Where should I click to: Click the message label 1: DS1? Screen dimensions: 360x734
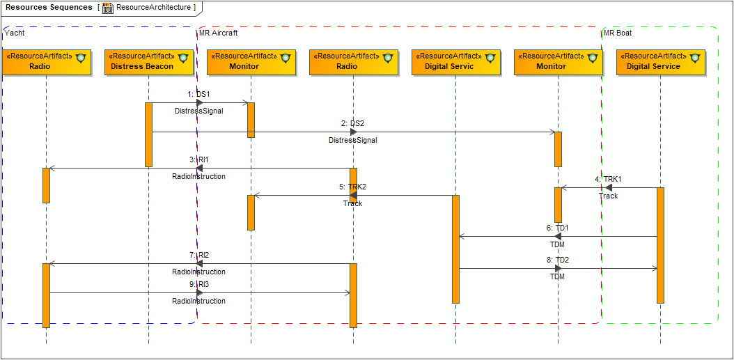click(198, 94)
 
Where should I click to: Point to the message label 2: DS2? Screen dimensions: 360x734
click(352, 123)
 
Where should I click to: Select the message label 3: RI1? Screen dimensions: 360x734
click(198, 159)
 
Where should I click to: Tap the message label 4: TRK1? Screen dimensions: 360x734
click(608, 179)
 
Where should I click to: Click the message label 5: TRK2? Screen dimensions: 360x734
click(352, 187)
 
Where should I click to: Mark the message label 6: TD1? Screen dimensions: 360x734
click(557, 228)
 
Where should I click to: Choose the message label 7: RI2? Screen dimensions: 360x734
click(198, 255)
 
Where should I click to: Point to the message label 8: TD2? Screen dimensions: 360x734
click(557, 260)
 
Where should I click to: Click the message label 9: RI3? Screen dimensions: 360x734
click(198, 284)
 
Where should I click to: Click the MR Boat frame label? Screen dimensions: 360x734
click(618, 33)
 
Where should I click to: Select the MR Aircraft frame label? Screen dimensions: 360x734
click(218, 33)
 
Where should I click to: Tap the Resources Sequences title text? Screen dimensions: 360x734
click(49, 8)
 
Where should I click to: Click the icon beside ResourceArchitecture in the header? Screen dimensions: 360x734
click(108, 8)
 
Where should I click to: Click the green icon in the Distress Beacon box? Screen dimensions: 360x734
click(183, 57)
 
